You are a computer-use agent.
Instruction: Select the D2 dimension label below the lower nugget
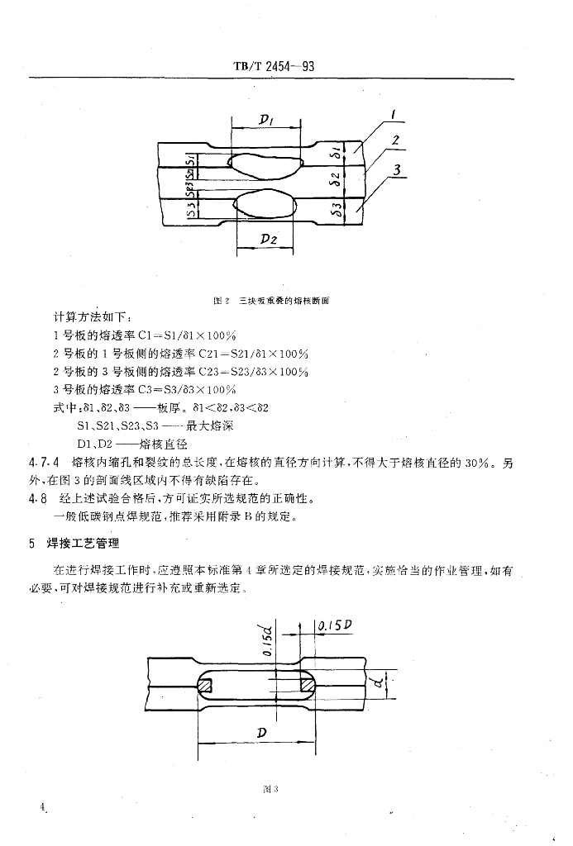268,239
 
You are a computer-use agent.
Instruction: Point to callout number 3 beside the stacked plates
398,170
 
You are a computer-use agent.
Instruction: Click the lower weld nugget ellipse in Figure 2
266,203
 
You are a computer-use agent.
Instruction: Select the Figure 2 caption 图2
220,302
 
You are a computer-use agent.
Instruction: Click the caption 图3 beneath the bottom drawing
268,790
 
